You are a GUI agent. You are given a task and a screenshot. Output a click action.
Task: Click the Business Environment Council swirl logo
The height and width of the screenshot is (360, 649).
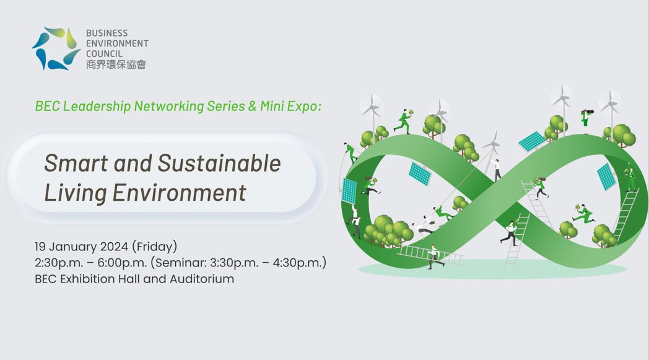pos(56,48)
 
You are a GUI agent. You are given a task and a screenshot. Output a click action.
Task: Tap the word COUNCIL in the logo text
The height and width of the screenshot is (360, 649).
pos(104,54)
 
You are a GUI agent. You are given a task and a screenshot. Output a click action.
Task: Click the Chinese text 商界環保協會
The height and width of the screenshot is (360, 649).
pos(116,64)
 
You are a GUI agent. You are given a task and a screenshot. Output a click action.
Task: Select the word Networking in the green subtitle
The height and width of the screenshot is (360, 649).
pos(169,106)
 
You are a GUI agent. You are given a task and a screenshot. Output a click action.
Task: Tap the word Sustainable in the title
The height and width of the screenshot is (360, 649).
pos(219,163)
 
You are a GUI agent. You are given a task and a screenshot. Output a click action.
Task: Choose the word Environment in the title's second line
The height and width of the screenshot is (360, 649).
pos(179,193)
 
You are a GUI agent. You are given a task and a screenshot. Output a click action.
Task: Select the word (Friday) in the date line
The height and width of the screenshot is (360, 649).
pos(154,247)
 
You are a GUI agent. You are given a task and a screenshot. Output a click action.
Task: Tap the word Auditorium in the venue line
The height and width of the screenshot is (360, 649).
pos(201,279)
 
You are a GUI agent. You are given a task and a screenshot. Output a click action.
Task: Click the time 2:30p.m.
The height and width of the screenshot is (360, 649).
pos(59,263)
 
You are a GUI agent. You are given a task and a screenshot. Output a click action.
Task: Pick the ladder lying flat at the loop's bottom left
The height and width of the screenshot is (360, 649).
pos(430,253)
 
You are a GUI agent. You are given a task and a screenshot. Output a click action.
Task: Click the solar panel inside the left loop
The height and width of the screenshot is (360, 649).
pos(420,173)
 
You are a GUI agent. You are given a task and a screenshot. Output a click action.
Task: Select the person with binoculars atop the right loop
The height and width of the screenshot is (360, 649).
pos(586,120)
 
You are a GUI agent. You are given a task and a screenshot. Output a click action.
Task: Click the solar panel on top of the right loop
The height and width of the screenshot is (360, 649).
pos(533,141)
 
